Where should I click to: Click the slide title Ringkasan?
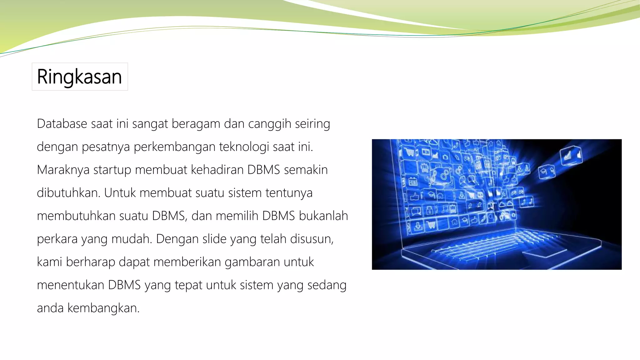coord(79,77)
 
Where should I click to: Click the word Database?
coord(62,124)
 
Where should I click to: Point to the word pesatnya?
coord(106,147)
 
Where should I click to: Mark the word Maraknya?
coord(63,170)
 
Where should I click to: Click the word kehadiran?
coord(217,170)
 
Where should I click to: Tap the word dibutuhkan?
coord(68,193)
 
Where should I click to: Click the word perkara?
coord(57,239)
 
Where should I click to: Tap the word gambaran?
coord(252,262)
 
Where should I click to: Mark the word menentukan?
coord(71,285)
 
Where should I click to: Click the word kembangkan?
coord(103,308)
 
